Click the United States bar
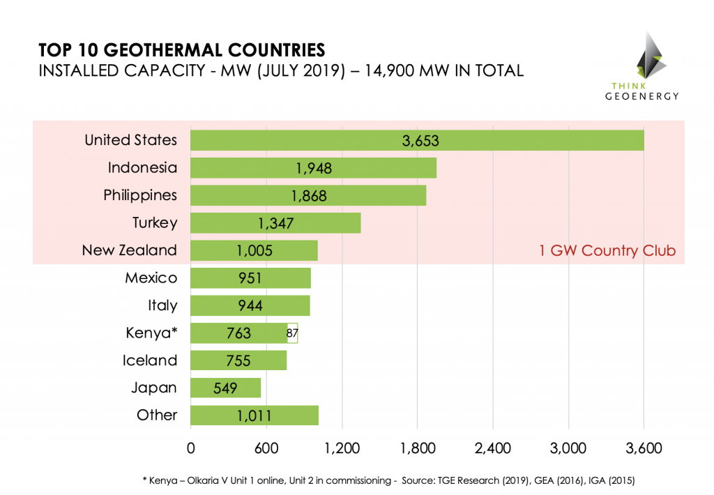point(417,140)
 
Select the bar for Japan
point(225,388)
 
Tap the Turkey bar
point(275,223)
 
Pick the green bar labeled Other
point(255,416)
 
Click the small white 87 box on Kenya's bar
point(292,333)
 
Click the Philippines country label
point(140,195)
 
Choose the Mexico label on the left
point(151,278)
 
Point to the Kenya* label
point(146,333)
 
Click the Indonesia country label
point(142,168)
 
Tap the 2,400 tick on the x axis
point(493,448)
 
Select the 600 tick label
point(266,448)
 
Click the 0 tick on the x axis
point(190,448)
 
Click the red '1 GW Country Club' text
point(607,251)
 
